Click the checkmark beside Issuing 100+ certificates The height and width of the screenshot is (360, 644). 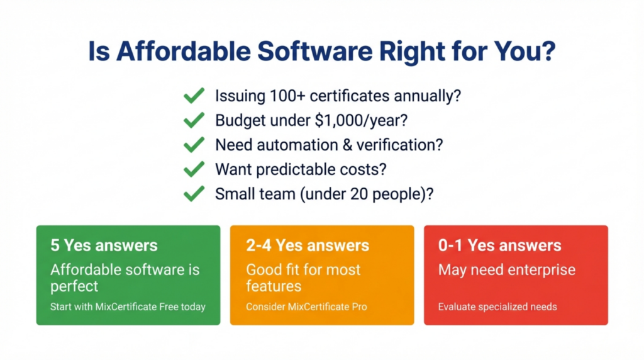[x=194, y=96]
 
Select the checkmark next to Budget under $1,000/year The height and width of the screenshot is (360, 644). [x=194, y=120]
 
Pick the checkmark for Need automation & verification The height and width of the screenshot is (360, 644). [x=194, y=145]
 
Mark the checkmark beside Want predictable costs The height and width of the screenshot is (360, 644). [x=194, y=169]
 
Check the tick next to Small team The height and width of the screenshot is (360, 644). [x=194, y=194]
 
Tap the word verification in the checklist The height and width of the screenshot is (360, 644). [x=395, y=145]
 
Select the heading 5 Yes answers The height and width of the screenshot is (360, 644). [x=104, y=245]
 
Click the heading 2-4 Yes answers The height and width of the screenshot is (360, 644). [x=308, y=245]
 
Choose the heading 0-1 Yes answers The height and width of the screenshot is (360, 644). [x=500, y=245]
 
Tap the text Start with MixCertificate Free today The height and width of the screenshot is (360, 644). [x=128, y=307]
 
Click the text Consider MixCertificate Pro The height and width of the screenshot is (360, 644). [x=306, y=307]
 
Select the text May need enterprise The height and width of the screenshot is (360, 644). [x=506, y=270]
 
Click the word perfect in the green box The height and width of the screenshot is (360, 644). [x=74, y=286]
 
